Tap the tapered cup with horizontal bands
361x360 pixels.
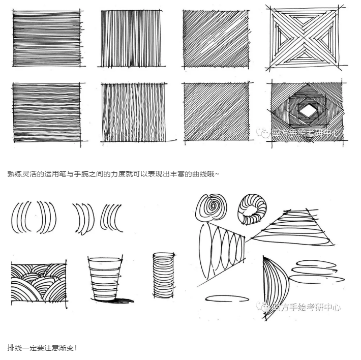[106, 277]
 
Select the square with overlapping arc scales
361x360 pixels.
[39, 283]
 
